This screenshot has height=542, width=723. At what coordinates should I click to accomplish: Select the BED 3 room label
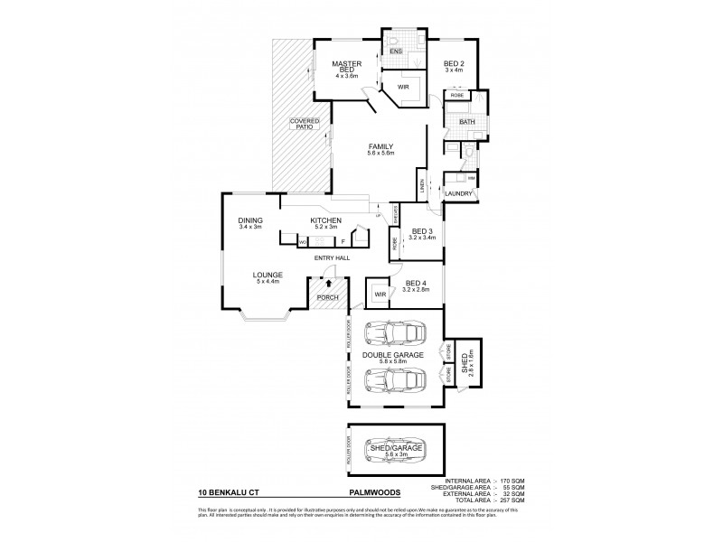[422, 232]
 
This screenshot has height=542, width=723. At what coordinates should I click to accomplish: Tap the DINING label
[249, 220]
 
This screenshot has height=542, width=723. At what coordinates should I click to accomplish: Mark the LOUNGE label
[268, 276]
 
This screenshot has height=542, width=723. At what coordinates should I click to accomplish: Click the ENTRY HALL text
[332, 259]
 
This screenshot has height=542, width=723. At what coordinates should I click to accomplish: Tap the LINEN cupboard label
[421, 187]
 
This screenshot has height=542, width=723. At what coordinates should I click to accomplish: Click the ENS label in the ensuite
[395, 52]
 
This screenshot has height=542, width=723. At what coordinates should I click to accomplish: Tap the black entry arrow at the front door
[328, 284]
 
